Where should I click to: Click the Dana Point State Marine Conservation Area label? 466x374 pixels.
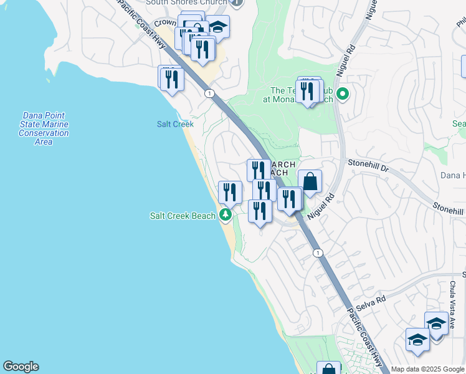(44, 128)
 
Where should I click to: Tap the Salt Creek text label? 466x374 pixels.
(175, 124)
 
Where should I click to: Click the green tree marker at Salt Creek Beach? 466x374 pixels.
(225, 216)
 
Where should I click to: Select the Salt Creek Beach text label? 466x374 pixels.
(183, 216)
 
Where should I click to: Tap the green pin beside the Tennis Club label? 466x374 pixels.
(342, 95)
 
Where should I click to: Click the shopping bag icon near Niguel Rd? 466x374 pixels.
(310, 182)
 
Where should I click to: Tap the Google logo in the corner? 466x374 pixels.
(21, 367)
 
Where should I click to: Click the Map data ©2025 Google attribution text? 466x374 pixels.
(428, 369)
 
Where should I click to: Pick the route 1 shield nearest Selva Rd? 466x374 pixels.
(318, 252)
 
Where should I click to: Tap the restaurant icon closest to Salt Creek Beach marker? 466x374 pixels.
(230, 193)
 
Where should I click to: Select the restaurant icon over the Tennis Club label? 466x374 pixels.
(307, 91)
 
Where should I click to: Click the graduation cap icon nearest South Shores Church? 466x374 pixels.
(217, 27)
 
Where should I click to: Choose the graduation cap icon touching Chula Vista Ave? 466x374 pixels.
(436, 323)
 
